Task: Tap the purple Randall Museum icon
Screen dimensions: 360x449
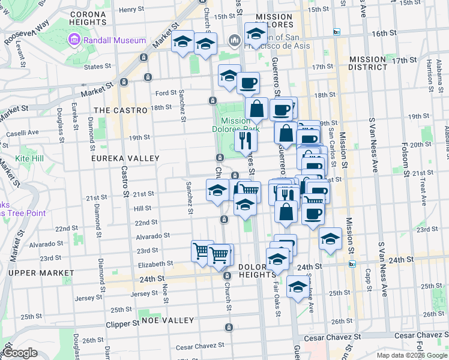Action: coord(74,40)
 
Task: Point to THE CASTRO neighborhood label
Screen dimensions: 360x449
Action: coord(121,110)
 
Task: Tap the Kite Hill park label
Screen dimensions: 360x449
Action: coord(29,158)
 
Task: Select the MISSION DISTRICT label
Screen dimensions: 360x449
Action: coord(368,63)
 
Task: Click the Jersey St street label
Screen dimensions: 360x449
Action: coord(142,293)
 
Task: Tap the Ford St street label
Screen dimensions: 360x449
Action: coord(165,93)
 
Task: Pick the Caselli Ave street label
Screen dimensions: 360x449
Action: coord(22,132)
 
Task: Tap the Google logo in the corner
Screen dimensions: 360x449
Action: coord(20,353)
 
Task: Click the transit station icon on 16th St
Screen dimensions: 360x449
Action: coord(337,31)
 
